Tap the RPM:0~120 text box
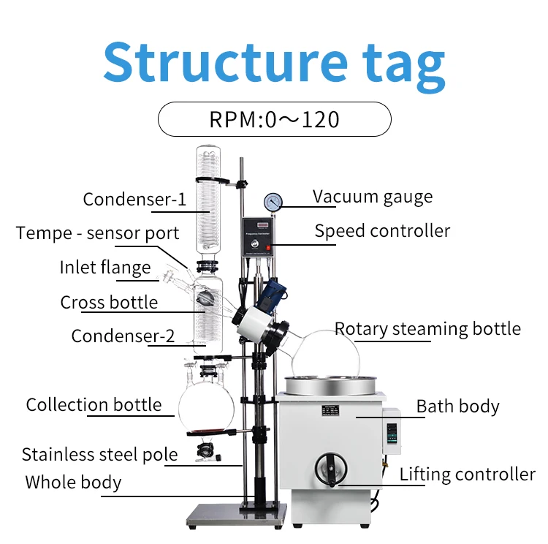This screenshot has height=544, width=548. coord(274,119)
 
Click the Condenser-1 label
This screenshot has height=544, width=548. coord(134,200)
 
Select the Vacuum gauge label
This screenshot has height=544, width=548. coord(373,197)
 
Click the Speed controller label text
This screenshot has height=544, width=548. coord(382,231)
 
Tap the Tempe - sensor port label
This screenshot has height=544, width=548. coord(98,234)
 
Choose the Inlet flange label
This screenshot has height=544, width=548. coord(105,268)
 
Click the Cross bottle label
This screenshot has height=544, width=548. coord(109,303)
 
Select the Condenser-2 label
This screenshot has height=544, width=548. coord(123,336)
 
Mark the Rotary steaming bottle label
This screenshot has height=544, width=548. coord(427,329)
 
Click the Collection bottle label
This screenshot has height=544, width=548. coord(94,405)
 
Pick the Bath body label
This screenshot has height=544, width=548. coord(457,407)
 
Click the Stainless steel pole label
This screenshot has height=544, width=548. coord(99,455)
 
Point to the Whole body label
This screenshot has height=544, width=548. coord(73,483)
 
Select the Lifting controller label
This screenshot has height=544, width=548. coord(467,475)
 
